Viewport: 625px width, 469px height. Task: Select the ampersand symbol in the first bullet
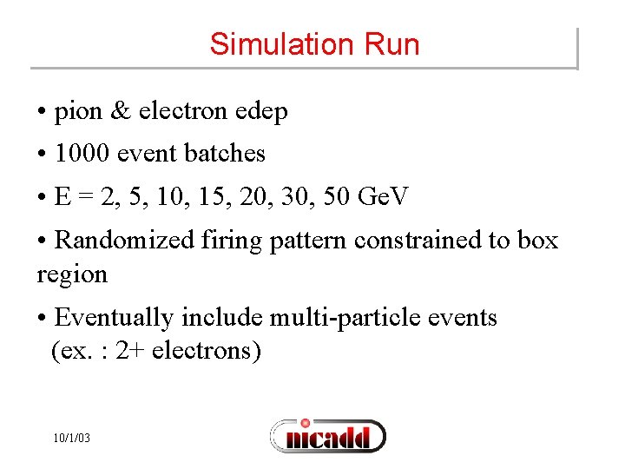[x=122, y=111]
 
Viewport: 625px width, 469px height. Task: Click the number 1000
[x=82, y=154]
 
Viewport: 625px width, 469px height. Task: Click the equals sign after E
[x=83, y=197]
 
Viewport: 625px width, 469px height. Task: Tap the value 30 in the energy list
[x=295, y=197]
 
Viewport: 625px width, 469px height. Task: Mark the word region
[x=72, y=275]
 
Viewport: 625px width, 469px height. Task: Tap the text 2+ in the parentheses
[x=131, y=352]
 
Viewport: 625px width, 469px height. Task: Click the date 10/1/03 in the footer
[x=70, y=439]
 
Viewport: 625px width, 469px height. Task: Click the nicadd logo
[x=327, y=436]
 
